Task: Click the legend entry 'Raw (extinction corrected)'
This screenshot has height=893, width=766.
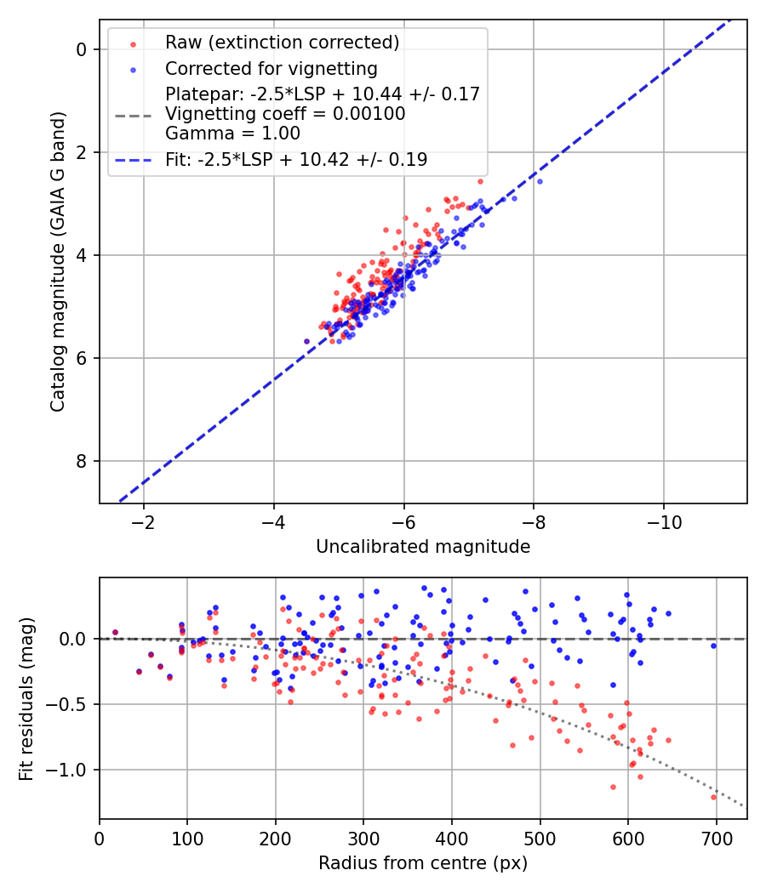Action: coord(282,43)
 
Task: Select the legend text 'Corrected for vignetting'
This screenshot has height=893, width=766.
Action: coord(271,68)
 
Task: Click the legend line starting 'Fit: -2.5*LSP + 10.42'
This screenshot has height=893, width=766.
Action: coord(296,159)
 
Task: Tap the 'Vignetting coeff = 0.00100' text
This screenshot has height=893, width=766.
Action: coord(285,114)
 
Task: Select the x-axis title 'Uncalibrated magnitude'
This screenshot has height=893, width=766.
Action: coord(423,547)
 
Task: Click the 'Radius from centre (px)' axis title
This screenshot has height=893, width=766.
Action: coord(423,863)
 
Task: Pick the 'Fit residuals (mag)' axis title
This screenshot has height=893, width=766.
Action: coord(26,698)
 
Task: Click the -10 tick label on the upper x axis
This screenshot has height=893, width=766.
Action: coord(664,521)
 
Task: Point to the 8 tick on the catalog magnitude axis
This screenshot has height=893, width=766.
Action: coord(82,461)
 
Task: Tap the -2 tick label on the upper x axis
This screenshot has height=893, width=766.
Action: coord(143,521)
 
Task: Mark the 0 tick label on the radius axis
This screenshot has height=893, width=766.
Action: coord(100,837)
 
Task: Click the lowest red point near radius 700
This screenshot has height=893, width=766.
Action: coord(713,797)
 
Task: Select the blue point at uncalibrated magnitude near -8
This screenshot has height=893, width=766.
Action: coord(539,181)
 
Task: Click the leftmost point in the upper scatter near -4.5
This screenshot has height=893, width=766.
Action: coord(306,341)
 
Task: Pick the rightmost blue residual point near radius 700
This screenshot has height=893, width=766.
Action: coord(713,646)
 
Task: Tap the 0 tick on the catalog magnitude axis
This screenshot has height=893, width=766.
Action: coord(82,49)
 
